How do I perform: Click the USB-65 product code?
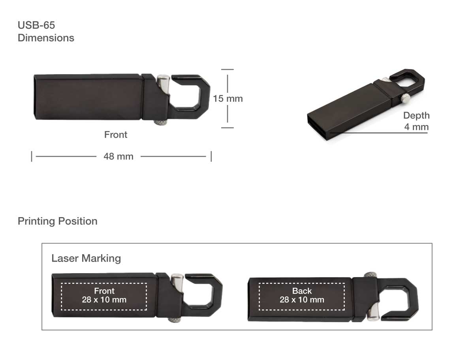point(36,25)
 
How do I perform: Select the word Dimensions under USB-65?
point(46,38)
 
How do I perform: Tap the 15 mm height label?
point(228,98)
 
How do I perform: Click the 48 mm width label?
point(118,156)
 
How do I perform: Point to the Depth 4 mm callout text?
point(416,121)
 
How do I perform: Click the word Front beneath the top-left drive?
point(116,135)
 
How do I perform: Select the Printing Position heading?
point(58,221)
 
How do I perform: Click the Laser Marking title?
point(86,259)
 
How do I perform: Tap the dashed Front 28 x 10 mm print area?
point(104,296)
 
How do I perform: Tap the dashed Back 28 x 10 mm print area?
point(302,296)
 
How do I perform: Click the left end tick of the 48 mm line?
point(32,156)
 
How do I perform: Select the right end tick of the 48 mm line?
point(211,156)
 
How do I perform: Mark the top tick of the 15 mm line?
point(228,69)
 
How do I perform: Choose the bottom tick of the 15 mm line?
point(228,127)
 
